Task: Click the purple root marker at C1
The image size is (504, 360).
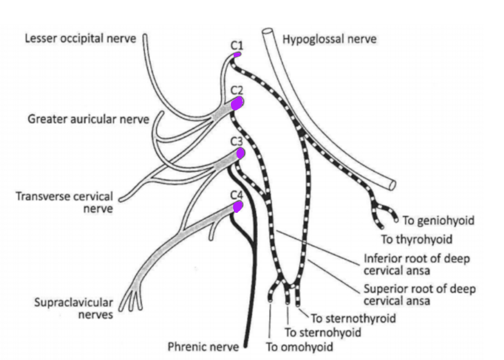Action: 237,55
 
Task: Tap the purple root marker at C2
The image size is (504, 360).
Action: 237,104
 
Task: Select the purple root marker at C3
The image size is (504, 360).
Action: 240,154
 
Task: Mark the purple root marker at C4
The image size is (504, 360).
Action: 238,206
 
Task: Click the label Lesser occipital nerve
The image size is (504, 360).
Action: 81,39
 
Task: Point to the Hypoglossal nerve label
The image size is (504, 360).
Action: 329,39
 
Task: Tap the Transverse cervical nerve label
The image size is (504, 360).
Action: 64,201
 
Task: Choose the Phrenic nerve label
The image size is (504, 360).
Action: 203,345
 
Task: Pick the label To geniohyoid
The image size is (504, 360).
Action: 438,220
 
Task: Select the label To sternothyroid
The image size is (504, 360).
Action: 353,318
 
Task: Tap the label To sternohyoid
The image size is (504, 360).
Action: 322,332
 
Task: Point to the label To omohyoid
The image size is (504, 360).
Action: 299,346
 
